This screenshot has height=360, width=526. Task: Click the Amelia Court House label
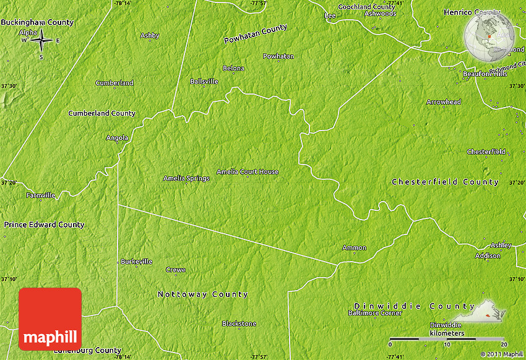(x=248, y=172)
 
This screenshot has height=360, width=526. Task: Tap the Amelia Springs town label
(x=186, y=178)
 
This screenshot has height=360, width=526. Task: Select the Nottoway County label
(x=202, y=294)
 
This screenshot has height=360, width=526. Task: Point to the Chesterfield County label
(x=445, y=182)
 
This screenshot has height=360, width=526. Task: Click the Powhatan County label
(x=256, y=34)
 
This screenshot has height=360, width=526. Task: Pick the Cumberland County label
(x=101, y=113)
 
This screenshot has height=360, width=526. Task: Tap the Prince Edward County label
(x=44, y=225)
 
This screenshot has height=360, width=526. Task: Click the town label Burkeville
(x=136, y=262)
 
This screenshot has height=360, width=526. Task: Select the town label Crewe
(x=176, y=270)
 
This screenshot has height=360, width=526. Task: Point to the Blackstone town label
(x=239, y=324)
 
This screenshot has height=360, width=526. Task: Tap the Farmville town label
(x=41, y=195)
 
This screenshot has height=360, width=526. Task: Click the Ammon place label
(x=355, y=248)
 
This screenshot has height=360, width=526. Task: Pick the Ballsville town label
(x=204, y=81)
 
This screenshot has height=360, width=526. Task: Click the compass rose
(x=41, y=41)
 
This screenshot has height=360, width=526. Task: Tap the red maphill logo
(x=50, y=319)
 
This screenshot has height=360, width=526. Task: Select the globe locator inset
(x=489, y=37)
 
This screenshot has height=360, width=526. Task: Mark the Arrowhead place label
(x=444, y=102)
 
